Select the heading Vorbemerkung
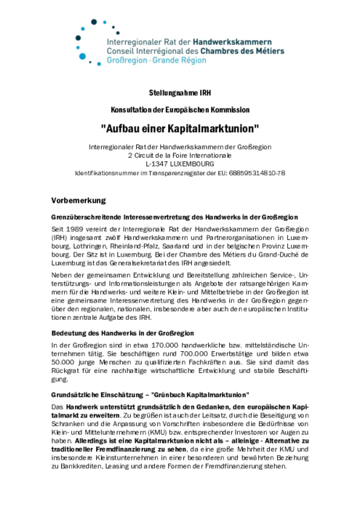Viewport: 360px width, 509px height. coord(79,199)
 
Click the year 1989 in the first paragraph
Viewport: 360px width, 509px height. coord(75,229)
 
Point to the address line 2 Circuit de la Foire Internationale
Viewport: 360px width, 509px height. coord(180,155)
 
